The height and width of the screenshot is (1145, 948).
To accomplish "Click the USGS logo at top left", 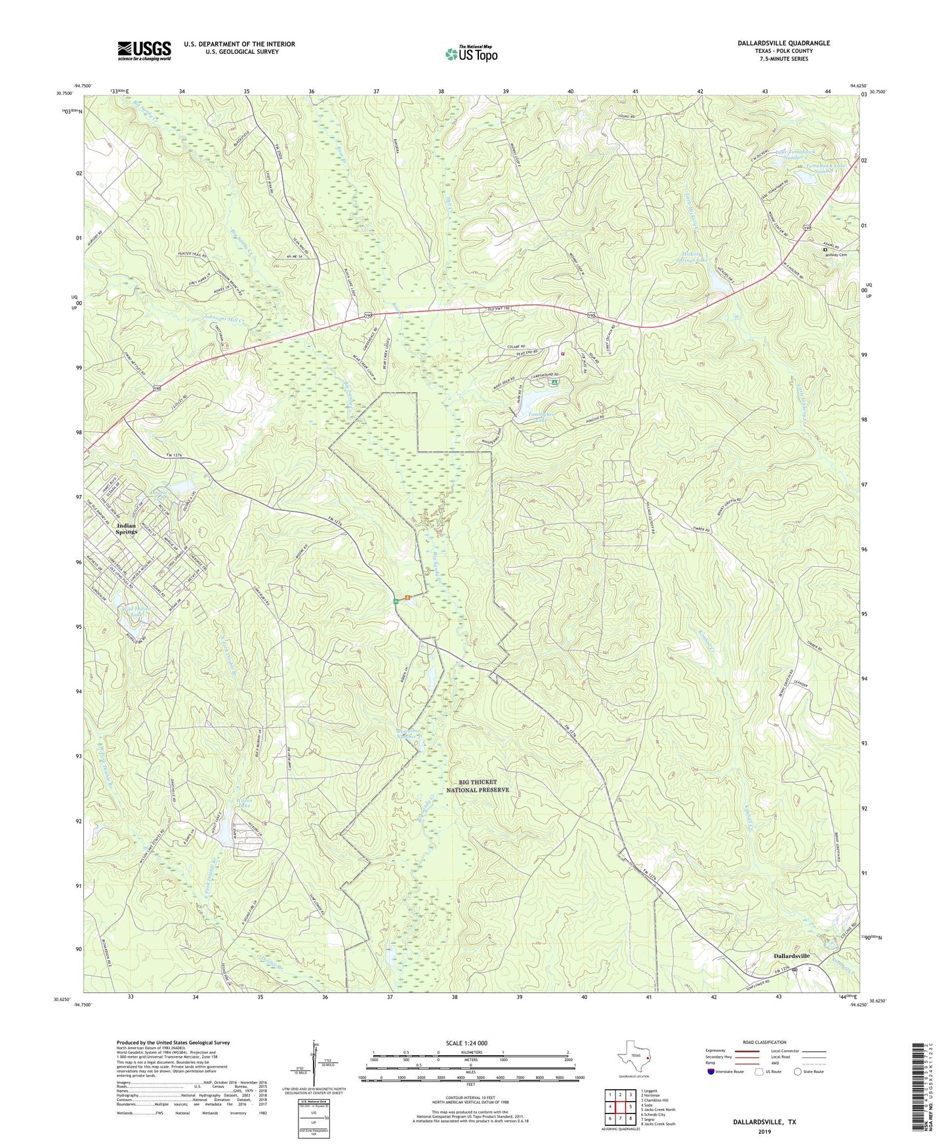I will [144, 50].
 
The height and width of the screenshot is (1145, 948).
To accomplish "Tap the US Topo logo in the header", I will [470, 54].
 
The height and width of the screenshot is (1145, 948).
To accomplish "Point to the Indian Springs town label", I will [127, 529].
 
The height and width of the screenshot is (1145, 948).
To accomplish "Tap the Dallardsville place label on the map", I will [788, 956].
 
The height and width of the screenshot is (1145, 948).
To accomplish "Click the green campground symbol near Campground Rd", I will [555, 382].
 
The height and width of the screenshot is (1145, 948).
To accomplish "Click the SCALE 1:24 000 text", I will [470, 1043].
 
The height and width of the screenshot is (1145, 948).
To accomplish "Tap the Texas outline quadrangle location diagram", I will [633, 1055].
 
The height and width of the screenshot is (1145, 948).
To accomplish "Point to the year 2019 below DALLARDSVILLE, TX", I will [764, 1131].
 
